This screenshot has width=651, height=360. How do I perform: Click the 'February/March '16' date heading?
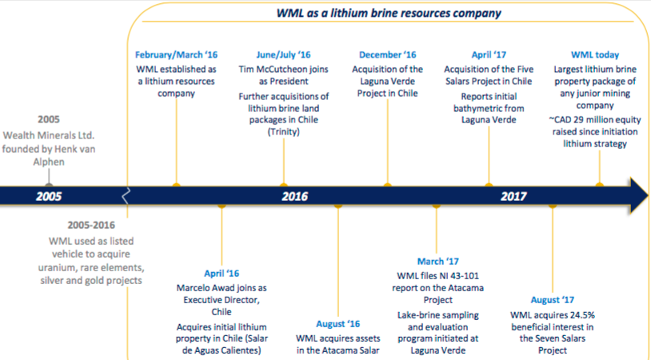176,55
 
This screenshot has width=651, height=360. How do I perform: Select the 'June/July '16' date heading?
283,55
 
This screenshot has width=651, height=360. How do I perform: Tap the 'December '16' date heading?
387,55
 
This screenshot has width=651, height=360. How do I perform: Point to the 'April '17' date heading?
489,55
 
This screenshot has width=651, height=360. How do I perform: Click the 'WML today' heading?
595,55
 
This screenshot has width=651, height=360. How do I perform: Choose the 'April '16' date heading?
222,274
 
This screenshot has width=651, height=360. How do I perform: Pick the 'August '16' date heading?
338,324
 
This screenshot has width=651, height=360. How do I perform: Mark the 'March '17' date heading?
438,262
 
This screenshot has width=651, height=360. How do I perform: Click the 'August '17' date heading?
552,300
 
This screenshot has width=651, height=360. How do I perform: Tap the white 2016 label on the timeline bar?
295,196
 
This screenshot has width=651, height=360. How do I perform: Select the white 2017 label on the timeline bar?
513,196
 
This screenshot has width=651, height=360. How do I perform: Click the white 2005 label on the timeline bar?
49,196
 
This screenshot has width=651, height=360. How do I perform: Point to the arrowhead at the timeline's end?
639,195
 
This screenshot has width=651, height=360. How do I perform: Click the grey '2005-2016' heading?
91,226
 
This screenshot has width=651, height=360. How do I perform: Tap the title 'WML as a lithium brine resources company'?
389,13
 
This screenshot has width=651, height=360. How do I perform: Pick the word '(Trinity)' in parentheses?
284,132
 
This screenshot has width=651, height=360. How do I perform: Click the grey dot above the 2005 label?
49,185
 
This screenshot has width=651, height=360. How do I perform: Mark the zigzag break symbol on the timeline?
126,195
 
